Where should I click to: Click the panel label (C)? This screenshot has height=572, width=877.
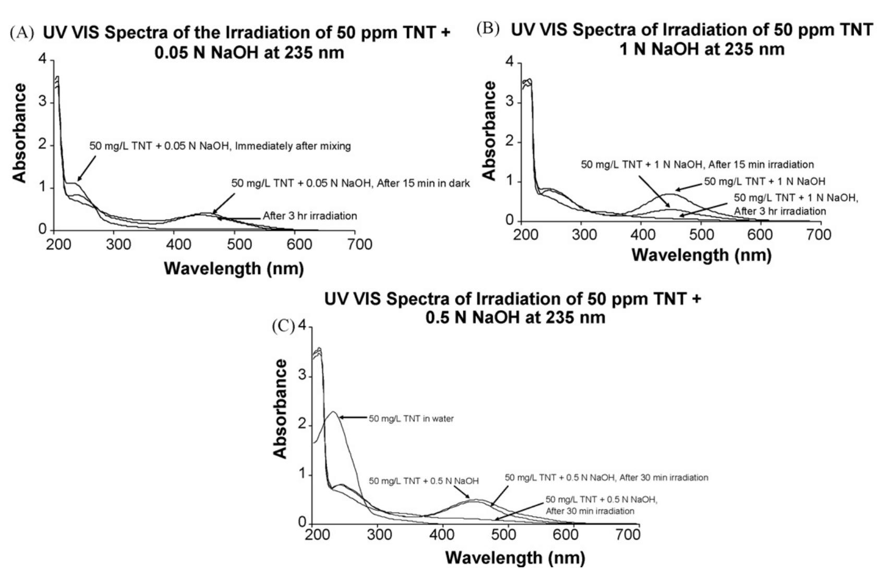tap(283, 326)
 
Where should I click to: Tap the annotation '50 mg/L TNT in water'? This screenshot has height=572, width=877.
tap(411, 419)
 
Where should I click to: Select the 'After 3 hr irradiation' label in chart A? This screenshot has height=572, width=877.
tap(310, 216)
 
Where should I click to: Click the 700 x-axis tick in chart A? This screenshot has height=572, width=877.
tap(359, 244)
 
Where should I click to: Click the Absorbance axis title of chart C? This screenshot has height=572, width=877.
tap(281, 409)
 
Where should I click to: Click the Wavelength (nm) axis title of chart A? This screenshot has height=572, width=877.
tap(234, 268)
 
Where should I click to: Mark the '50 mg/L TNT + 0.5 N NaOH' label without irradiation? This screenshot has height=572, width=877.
tap(424, 481)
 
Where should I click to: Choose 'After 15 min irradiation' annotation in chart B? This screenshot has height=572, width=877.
tap(697, 164)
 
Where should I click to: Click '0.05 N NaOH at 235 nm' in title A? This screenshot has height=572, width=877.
tap(249, 53)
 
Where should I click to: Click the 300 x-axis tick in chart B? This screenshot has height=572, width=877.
tap(584, 235)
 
